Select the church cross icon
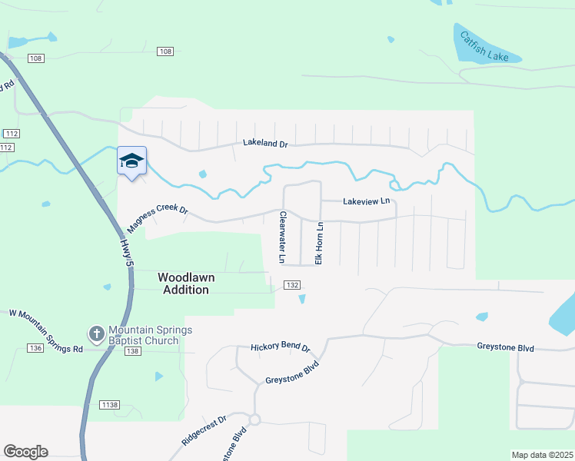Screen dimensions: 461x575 96,333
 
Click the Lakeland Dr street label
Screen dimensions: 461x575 264,143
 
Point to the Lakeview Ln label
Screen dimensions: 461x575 367,201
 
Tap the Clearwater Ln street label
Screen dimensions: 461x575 283,237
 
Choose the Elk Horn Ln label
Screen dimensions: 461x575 319,243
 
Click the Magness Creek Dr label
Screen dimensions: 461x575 158,216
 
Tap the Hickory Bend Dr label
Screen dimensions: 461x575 280,347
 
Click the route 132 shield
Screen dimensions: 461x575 291,285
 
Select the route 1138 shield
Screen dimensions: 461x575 110,404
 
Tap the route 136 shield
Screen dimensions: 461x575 34,348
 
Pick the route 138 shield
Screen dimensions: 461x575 131,350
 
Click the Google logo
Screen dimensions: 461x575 26,452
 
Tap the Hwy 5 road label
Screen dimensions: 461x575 126,253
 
